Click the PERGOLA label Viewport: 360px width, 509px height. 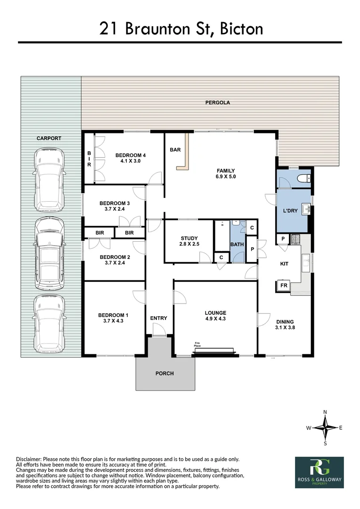click(218, 103)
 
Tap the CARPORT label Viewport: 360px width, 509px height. click(49, 138)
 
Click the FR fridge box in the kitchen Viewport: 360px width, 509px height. click(284, 286)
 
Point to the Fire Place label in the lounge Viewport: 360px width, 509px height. click(197, 345)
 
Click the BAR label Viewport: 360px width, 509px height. click(175, 150)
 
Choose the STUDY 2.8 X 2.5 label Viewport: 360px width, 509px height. click(189, 241)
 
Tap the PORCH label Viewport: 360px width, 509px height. click(164, 374)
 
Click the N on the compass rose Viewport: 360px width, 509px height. click(325, 412)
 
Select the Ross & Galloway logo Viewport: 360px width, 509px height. click(319, 472)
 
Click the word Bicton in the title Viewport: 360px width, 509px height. click(242, 29)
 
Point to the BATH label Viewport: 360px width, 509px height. click(237, 245)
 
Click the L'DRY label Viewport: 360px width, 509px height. click(290, 211)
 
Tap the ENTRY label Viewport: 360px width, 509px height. click(159, 319)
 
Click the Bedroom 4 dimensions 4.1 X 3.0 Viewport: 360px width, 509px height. click(131, 161)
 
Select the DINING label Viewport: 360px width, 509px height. click(285, 322)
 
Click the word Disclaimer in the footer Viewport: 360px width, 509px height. click(29, 460)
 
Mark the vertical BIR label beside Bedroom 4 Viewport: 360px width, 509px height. click(89, 159)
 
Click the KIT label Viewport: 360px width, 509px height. click(284, 264)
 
